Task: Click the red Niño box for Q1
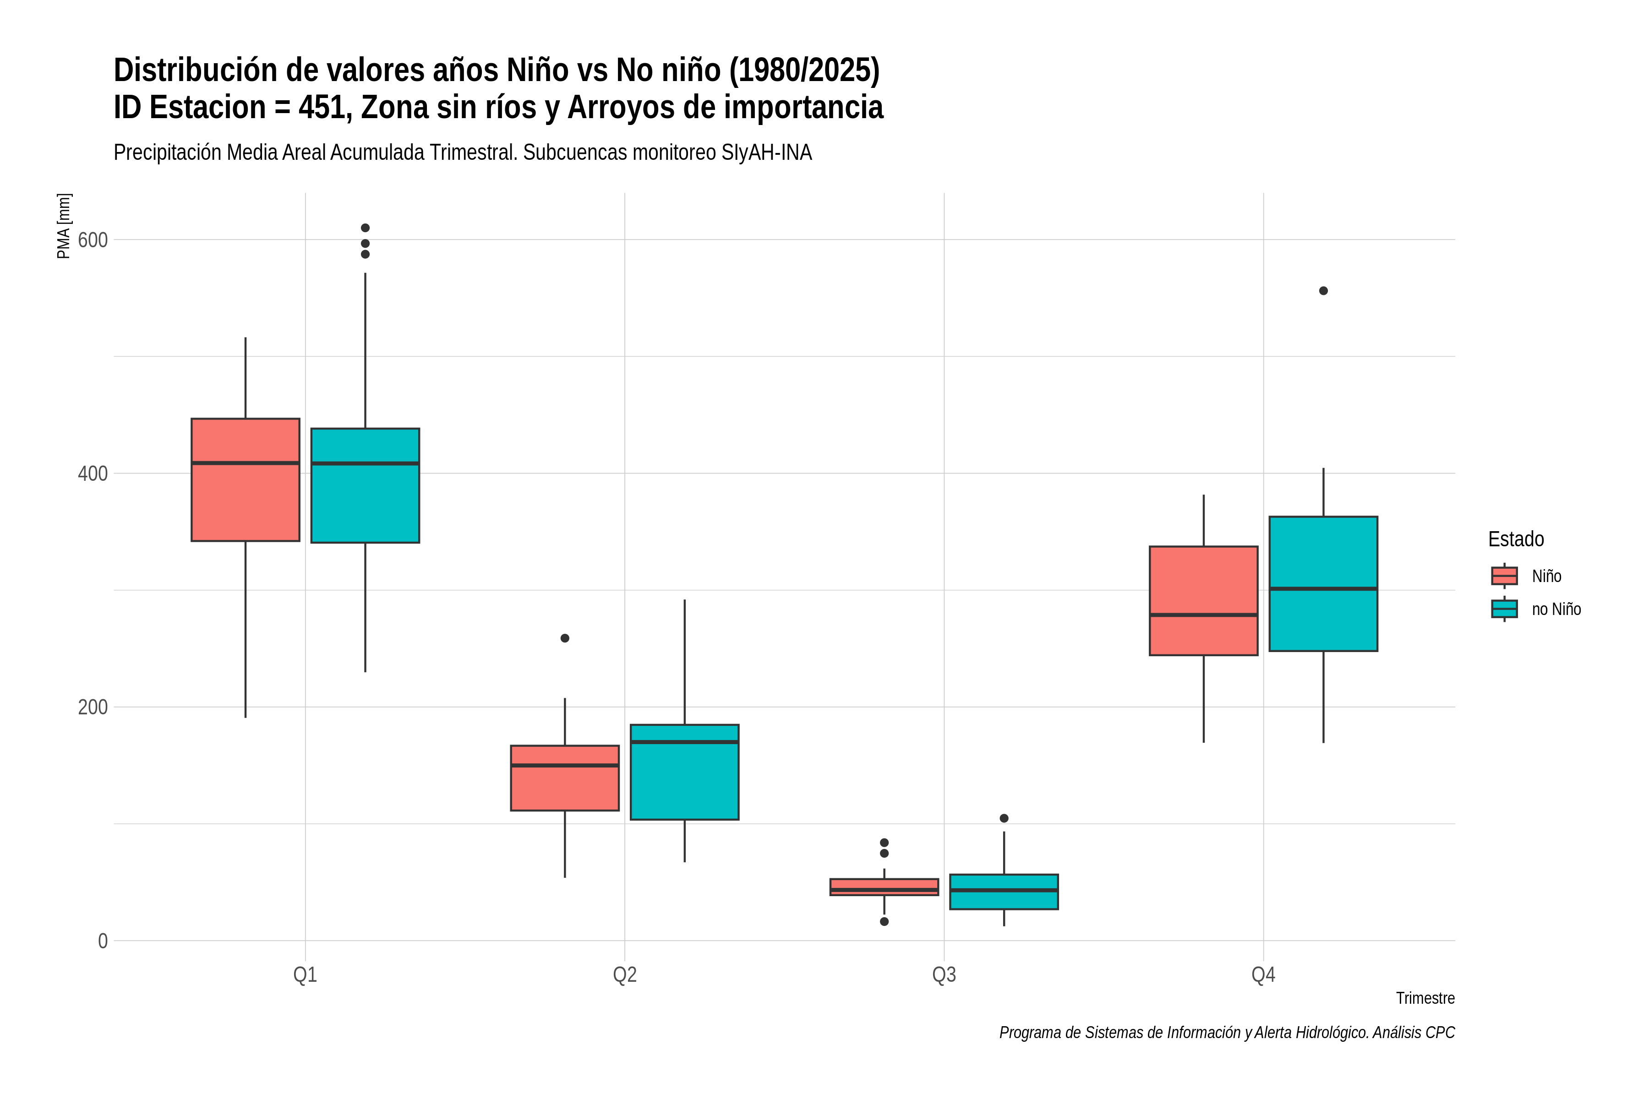(x=246, y=480)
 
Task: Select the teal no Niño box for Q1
(x=365, y=486)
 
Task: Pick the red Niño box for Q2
(x=565, y=778)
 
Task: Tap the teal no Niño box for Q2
(x=684, y=773)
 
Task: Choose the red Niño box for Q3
(x=884, y=887)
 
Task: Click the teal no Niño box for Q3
(x=1004, y=892)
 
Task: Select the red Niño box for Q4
(x=1204, y=601)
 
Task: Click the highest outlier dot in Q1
(x=365, y=228)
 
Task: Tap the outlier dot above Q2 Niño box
(x=565, y=638)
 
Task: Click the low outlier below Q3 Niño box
(x=884, y=922)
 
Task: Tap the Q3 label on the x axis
(x=944, y=975)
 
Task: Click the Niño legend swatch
(x=1505, y=576)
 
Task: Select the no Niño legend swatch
(x=1505, y=609)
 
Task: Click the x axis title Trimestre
(x=1425, y=998)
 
